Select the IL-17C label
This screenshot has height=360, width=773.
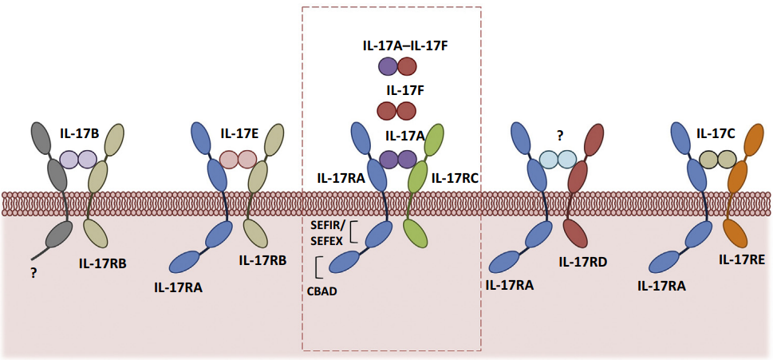pyautogui.click(x=716, y=133)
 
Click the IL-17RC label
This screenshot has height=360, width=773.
pyautogui.click(x=455, y=179)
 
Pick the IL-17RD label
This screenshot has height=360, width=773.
pyautogui.click(x=586, y=261)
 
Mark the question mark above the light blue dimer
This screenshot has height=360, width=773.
pyautogui.click(x=557, y=136)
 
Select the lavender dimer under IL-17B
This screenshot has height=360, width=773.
pyautogui.click(x=77, y=160)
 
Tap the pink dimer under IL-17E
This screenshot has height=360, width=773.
pyautogui.click(x=238, y=160)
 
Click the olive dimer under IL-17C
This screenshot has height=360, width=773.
pyautogui.click(x=716, y=160)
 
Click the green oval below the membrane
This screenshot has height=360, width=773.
pyautogui.click(x=416, y=233)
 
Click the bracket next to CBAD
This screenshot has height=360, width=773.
pyautogui.click(x=319, y=267)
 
